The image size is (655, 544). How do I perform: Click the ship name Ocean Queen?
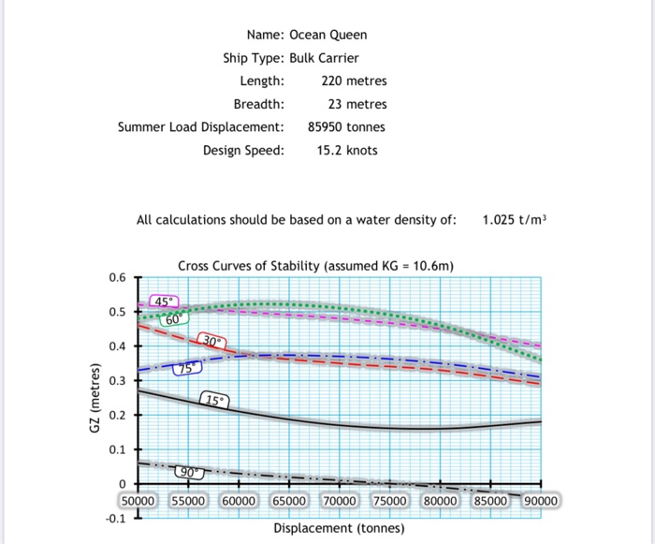click(x=327, y=35)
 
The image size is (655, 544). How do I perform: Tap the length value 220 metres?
click(x=347, y=81)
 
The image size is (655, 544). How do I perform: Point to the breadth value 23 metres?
click(x=357, y=104)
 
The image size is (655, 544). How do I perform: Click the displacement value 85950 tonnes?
click(x=346, y=126)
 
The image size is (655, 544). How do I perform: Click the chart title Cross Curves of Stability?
click(x=315, y=266)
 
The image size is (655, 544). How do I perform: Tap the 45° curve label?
click(x=164, y=301)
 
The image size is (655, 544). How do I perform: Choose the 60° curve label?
click(x=173, y=319)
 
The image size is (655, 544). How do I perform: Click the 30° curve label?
click(x=211, y=343)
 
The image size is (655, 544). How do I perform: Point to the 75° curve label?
click(x=185, y=369)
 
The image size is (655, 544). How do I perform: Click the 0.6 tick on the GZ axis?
click(x=116, y=278)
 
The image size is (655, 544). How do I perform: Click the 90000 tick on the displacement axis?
click(x=540, y=501)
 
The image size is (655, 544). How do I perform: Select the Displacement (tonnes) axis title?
click(x=339, y=529)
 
